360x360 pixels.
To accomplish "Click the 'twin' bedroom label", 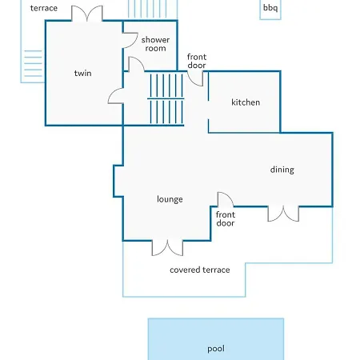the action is (x=82, y=73).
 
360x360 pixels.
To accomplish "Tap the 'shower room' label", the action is (x=155, y=44).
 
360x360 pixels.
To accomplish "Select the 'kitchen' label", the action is (x=246, y=102).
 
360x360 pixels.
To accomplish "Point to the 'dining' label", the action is (x=282, y=170).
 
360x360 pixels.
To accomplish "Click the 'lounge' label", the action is (x=170, y=199).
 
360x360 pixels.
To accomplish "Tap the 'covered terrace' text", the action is (x=199, y=270).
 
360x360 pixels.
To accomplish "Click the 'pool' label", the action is (x=216, y=349).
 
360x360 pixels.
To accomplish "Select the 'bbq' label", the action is (x=270, y=8).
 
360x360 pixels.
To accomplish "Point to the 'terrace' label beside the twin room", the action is (x=44, y=8).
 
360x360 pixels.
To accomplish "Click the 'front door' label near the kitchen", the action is (x=197, y=61).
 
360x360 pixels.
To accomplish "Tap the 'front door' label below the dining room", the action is (x=226, y=219).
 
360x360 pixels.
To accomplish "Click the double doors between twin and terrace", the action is (x=87, y=14).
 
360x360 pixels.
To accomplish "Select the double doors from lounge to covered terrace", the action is (x=167, y=248).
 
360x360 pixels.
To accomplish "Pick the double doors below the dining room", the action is (x=283, y=214).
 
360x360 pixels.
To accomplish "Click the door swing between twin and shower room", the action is (x=130, y=41).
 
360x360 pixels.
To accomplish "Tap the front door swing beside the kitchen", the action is (x=195, y=78).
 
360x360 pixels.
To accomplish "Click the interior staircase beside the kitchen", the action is (x=166, y=98).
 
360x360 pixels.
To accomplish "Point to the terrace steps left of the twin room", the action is (x=33, y=63).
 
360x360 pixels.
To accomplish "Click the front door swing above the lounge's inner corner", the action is (x=226, y=199).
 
